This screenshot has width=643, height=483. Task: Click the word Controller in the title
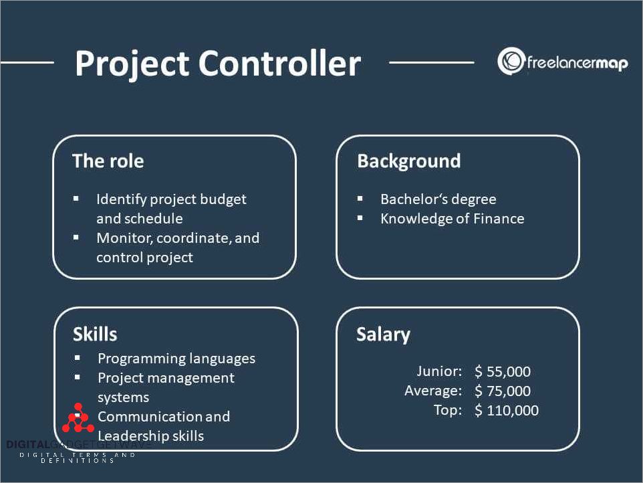pos(279,63)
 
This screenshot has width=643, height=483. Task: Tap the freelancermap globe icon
pos(511,62)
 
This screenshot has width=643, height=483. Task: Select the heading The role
pos(108,161)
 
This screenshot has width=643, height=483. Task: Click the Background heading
pos(409,161)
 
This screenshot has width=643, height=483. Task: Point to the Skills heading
pos(95,334)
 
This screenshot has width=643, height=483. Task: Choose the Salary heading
pos(383,335)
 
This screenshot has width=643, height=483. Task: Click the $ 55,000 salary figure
pos(503,371)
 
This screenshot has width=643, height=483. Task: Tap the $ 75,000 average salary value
pos(503,391)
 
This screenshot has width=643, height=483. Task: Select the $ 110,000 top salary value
pos(507,410)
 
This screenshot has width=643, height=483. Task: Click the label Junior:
pos(439,371)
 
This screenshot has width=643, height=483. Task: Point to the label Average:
pos(433,391)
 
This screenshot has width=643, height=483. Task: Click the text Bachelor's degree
pos(438,199)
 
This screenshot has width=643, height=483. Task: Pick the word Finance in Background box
pos(499,219)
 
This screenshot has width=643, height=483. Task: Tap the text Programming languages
pos(176,359)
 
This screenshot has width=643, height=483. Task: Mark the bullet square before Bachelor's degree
pos(360,199)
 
